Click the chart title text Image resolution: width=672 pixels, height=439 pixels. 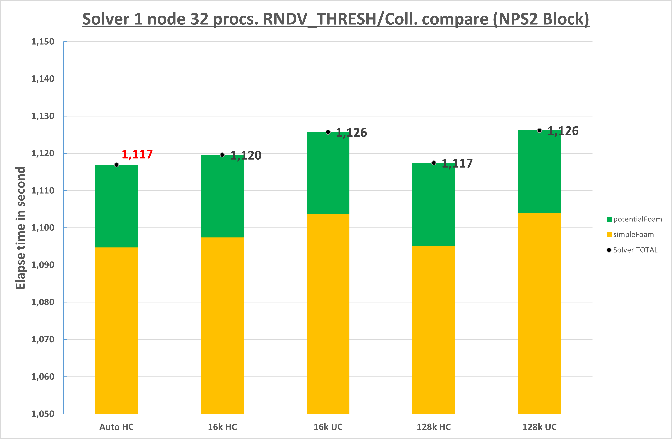336,19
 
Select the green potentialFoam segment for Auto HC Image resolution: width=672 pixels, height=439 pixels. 116,206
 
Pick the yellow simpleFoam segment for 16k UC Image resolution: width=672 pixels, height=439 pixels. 328,313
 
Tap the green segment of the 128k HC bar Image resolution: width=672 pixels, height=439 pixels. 434,204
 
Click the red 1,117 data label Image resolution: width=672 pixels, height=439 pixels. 137,154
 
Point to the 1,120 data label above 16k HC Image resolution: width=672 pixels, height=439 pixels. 246,155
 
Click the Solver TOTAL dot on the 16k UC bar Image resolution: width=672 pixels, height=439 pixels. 328,132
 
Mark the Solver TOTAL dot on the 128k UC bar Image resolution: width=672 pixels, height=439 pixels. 539,130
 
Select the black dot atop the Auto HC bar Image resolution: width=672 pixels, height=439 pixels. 116,165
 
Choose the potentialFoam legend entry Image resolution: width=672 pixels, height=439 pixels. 634,219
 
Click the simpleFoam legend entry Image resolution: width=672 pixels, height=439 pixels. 630,235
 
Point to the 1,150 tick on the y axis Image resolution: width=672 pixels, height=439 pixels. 43,42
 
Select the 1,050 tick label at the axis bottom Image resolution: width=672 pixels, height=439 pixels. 43,414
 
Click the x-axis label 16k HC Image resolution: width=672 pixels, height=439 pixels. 222,427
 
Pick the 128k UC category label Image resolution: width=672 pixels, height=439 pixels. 539,427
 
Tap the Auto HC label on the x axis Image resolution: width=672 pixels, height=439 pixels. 116,427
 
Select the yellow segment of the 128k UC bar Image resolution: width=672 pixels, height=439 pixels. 539,313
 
